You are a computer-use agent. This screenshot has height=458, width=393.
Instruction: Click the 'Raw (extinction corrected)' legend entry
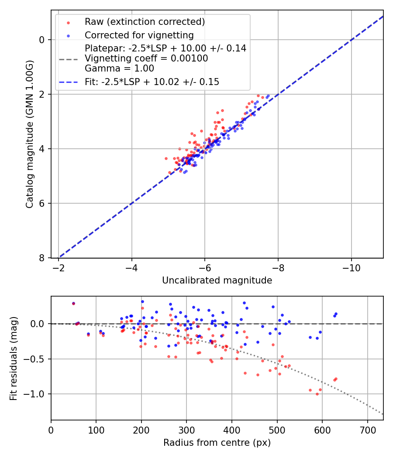[x=145, y=22]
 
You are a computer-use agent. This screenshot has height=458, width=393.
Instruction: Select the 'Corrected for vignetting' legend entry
[x=139, y=35]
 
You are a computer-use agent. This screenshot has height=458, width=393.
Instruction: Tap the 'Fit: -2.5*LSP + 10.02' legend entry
[x=152, y=82]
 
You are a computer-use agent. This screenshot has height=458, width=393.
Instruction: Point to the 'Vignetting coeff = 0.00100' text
[x=146, y=58]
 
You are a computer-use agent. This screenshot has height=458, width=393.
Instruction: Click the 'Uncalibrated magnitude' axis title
[x=217, y=280]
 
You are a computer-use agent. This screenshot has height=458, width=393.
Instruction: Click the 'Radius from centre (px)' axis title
[x=217, y=443]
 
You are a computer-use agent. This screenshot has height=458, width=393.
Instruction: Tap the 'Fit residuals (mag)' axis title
[x=14, y=358]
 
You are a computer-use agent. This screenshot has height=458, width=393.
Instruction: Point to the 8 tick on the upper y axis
[x=42, y=258]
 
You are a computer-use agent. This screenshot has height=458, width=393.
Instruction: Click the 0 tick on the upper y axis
[x=42, y=40]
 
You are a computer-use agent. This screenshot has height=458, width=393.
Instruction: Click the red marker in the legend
[x=68, y=22]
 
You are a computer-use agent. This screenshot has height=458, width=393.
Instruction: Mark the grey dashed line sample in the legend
[x=68, y=58]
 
